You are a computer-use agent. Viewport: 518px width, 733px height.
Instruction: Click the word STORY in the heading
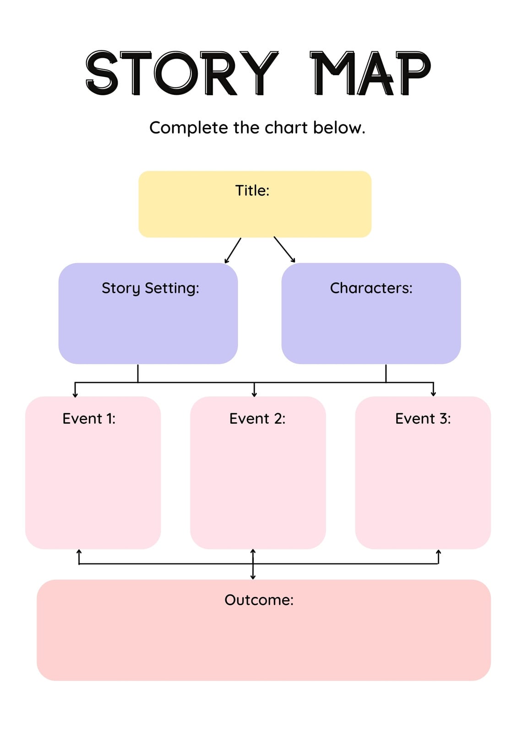(x=182, y=73)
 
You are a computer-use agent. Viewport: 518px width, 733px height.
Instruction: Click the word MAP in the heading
(x=370, y=73)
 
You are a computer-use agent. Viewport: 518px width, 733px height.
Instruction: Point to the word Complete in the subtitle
(x=189, y=128)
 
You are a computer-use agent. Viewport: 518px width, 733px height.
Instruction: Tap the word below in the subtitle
(x=339, y=128)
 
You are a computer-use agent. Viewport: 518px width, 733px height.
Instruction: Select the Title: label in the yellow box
(x=252, y=191)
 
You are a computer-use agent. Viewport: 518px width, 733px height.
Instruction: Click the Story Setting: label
(x=150, y=288)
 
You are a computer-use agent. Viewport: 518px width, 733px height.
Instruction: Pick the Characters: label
(x=371, y=288)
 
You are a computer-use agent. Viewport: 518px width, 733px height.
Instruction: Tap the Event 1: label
(x=89, y=419)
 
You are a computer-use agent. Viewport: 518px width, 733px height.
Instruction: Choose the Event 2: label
(x=257, y=419)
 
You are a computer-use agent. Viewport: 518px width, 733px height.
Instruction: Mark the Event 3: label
(x=423, y=419)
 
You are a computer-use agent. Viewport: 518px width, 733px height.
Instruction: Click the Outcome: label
(x=259, y=600)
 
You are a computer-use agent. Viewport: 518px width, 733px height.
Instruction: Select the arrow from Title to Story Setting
(x=233, y=251)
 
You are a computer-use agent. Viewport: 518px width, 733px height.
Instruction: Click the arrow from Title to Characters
(x=284, y=250)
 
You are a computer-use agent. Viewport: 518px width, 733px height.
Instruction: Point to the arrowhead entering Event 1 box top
(x=75, y=395)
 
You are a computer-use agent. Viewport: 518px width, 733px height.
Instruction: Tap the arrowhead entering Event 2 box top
(x=254, y=394)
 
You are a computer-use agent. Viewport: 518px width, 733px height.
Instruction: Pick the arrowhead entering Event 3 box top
(x=433, y=394)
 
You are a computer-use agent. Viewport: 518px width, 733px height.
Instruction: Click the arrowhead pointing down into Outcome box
(x=253, y=577)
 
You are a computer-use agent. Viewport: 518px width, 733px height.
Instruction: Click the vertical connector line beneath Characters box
(x=386, y=373)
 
